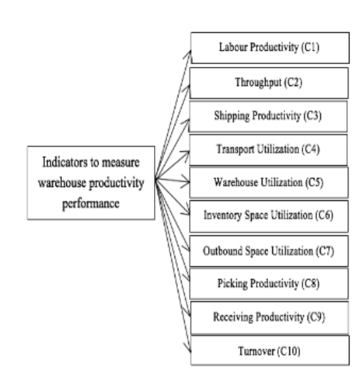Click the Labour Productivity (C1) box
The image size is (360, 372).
click(x=270, y=48)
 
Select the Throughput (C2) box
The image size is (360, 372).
click(x=269, y=83)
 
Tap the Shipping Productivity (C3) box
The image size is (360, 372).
click(x=268, y=116)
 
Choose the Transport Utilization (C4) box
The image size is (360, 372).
click(x=268, y=150)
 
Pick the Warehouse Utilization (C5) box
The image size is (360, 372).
click(x=269, y=182)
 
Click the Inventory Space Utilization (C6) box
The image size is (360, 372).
click(x=269, y=216)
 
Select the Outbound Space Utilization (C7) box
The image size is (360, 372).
click(x=269, y=251)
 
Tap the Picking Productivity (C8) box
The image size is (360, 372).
click(x=269, y=284)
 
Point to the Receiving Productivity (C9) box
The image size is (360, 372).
click(x=269, y=318)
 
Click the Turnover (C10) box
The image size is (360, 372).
click(x=270, y=351)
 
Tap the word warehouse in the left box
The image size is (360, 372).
click(x=62, y=183)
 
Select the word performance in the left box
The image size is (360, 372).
click(x=91, y=204)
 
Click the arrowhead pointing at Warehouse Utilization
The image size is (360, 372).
click(x=186, y=182)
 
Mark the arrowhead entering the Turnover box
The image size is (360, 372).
click(x=187, y=348)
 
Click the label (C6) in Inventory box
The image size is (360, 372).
click(x=324, y=215)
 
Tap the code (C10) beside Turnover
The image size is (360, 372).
click(x=289, y=351)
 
